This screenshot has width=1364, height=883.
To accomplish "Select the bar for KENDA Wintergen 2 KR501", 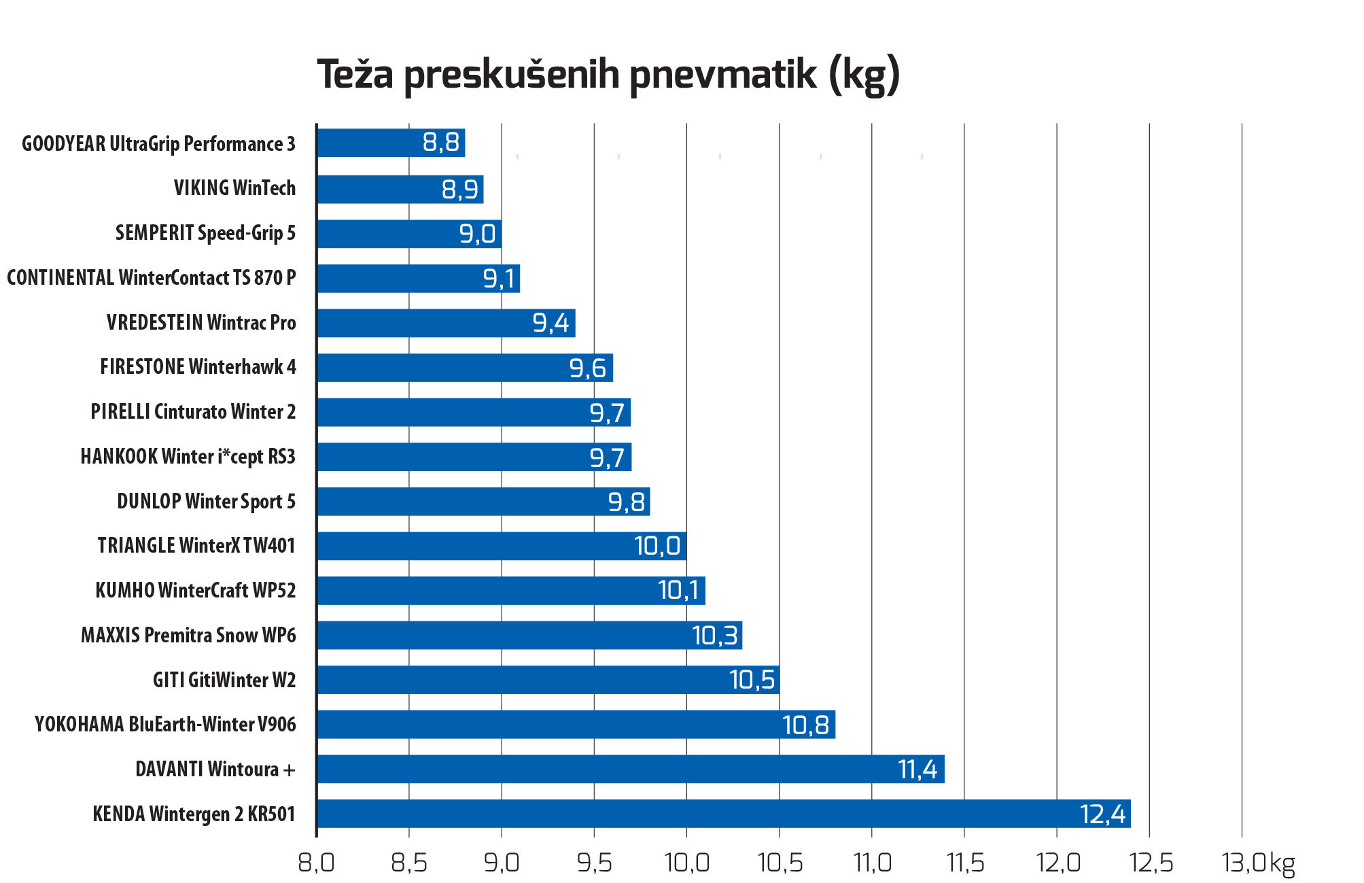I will (x=724, y=814).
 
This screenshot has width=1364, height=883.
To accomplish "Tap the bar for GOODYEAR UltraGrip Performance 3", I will (x=391, y=143).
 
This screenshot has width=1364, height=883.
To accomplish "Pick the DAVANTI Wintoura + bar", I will (x=631, y=769).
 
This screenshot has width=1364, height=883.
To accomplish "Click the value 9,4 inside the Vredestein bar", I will (x=550, y=323).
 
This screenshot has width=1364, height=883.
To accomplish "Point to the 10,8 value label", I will (x=805, y=725).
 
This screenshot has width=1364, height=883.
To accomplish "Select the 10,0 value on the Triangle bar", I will (x=657, y=546).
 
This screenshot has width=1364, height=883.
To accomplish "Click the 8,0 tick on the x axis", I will (x=316, y=863).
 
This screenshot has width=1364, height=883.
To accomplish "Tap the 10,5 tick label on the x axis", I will (x=780, y=863).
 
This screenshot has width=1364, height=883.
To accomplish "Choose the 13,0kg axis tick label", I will (x=1258, y=863).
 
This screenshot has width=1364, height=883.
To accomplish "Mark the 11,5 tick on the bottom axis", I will (x=965, y=863).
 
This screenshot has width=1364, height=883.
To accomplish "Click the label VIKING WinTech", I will (x=234, y=188).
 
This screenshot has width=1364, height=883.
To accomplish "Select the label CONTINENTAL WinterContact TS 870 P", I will (x=152, y=277).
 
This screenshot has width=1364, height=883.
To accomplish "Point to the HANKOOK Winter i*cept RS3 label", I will (x=188, y=456).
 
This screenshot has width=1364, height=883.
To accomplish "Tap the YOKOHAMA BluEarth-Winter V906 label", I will (x=165, y=724).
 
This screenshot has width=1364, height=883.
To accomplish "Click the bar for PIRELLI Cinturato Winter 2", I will (x=474, y=412).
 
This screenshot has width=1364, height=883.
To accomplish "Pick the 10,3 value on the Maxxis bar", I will (x=714, y=636).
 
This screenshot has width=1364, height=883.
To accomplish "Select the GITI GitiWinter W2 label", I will (x=224, y=680).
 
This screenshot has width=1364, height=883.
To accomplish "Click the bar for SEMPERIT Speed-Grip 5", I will (x=409, y=234).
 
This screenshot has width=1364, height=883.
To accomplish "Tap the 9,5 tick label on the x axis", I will (x=595, y=863).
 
